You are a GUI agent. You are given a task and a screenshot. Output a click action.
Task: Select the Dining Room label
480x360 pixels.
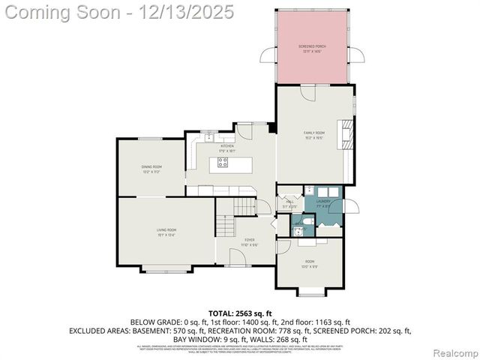click(x=151, y=169)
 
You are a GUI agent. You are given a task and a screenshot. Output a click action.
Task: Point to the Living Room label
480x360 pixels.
click(x=166, y=232)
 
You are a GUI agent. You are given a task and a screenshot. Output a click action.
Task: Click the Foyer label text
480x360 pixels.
click(x=249, y=242)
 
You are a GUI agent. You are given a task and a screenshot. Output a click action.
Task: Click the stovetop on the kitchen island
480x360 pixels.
click(x=223, y=161)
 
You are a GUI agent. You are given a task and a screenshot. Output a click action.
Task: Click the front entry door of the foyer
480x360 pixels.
click(x=238, y=258)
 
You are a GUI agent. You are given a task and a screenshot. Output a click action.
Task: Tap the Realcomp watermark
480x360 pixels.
click(x=456, y=352)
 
